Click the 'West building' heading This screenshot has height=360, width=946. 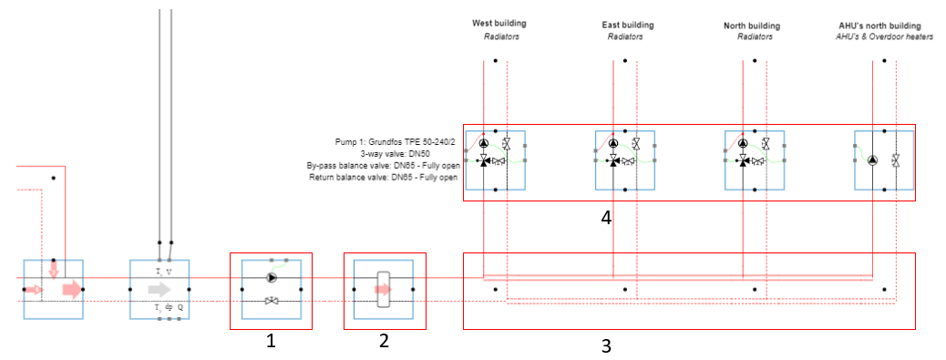[x=499, y=23]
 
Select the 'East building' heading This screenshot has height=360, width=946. [x=628, y=25]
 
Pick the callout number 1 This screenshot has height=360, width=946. [x=270, y=340]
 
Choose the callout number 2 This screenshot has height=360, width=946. [x=384, y=340]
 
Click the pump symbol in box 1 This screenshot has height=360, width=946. [x=270, y=278]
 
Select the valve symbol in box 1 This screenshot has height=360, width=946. [x=271, y=301]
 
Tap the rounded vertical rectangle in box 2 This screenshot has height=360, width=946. [x=384, y=289]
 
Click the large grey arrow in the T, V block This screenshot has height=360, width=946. [x=159, y=290]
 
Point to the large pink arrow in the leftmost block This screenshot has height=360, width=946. [x=71, y=291]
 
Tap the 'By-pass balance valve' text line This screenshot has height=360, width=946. [x=384, y=166]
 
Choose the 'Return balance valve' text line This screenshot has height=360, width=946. [x=385, y=178]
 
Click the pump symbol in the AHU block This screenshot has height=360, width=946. [x=872, y=160]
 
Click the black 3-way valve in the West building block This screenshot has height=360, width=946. [x=484, y=160]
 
